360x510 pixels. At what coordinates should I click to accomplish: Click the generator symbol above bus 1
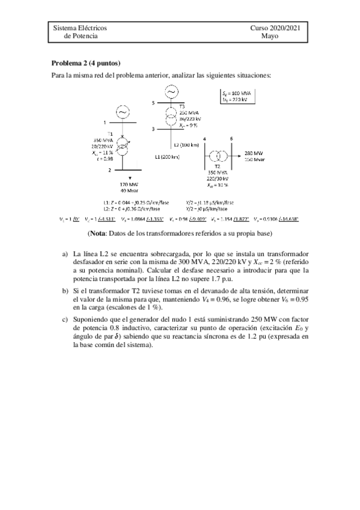[123, 112]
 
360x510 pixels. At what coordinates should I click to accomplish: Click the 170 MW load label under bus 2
[127, 185]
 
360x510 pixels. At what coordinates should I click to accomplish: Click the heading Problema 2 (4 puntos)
[87, 63]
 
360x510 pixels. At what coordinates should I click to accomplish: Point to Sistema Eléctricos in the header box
[80, 28]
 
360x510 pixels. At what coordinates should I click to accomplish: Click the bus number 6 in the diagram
[232, 139]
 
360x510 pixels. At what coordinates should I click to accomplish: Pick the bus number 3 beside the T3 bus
[153, 129]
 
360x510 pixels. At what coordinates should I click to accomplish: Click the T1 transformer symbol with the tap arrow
[123, 146]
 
